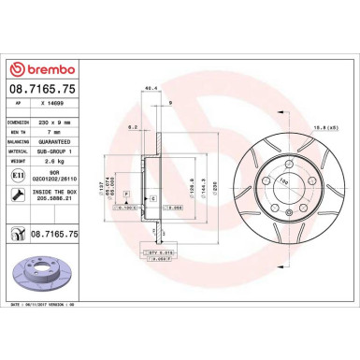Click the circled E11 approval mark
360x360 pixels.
(x=20, y=175)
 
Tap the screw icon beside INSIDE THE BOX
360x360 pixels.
(x=20, y=193)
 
